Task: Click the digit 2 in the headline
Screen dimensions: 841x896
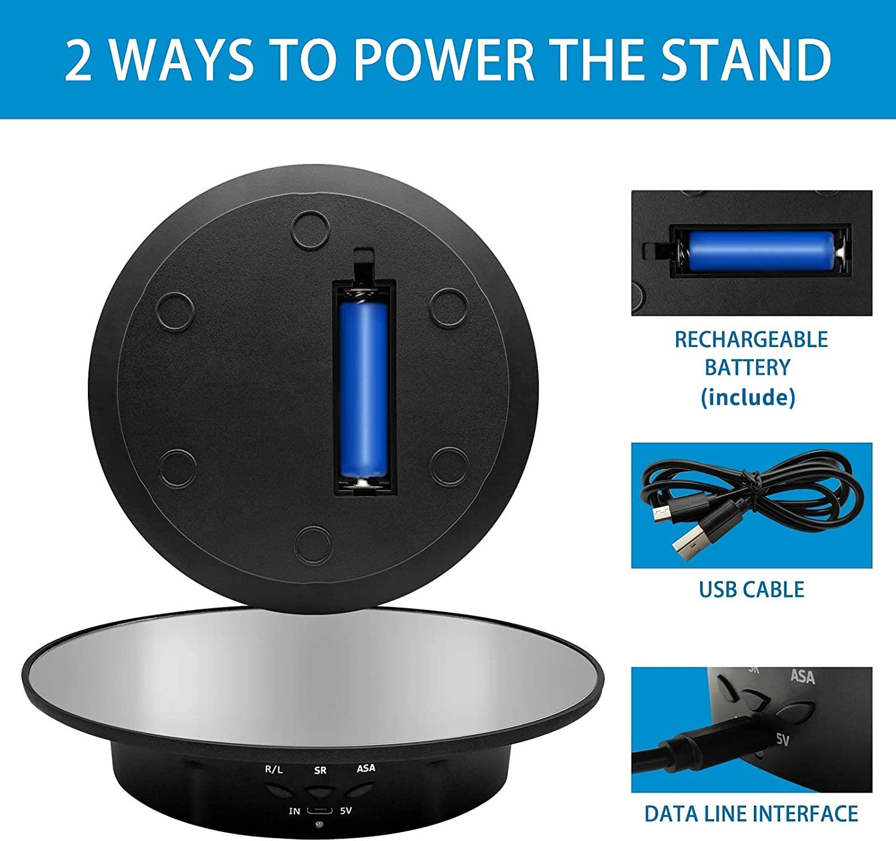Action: coord(79,60)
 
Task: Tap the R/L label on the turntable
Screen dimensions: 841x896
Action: coord(274,769)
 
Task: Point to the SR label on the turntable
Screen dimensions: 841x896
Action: coord(320,771)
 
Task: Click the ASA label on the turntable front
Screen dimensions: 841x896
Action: coord(366,768)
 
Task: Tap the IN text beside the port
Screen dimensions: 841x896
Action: coord(294,811)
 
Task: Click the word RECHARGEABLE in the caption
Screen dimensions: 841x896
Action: coord(751,339)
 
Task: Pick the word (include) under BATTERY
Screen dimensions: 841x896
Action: coord(748,397)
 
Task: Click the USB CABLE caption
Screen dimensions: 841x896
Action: coord(751,590)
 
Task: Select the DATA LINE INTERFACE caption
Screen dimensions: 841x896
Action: coord(751,814)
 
